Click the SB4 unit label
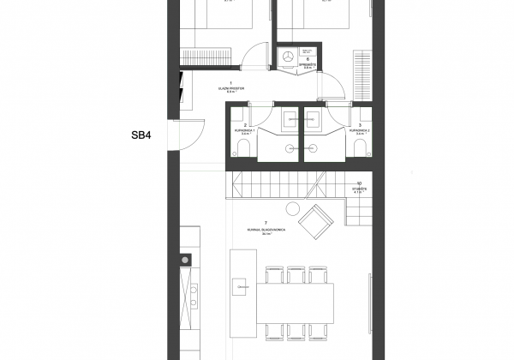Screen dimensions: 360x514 (x=141, y=135)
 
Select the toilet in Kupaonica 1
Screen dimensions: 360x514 (x=243, y=152)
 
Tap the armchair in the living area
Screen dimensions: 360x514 (x=322, y=220)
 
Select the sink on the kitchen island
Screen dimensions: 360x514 (x=242, y=286)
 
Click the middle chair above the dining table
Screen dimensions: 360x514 (x=296, y=272)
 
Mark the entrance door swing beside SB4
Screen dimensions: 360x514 (x=190, y=135)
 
